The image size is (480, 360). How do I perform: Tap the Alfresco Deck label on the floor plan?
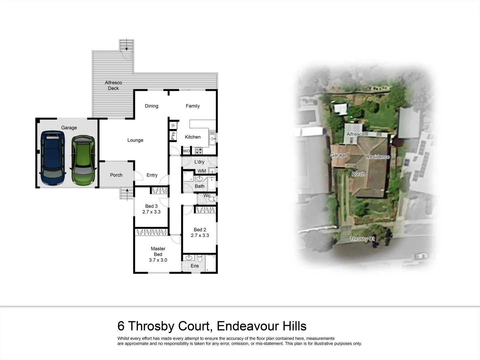coord(113,85)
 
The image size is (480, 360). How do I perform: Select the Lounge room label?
coord(135,140)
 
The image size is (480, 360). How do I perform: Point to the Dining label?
coord(151,106)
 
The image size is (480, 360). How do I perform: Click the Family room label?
coord(193,106)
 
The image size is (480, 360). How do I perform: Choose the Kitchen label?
coord(193,137)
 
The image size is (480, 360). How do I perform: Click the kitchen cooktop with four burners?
coord(199,151)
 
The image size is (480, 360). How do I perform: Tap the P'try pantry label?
coord(173,136)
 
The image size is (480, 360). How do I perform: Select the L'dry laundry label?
coord(199,162)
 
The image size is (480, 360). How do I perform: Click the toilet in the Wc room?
coord(211,199)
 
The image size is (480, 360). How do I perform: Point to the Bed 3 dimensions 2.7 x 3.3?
coord(151,212)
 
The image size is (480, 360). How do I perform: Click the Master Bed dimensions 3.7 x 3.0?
coord(158,260)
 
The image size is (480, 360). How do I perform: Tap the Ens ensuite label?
coord(195,266)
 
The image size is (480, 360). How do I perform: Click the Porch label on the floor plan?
coord(116,175)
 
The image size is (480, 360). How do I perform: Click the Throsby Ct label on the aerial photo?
coord(362,239)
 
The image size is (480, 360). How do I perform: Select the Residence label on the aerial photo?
coord(378,157)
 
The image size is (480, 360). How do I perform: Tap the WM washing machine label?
coord(202,171)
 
